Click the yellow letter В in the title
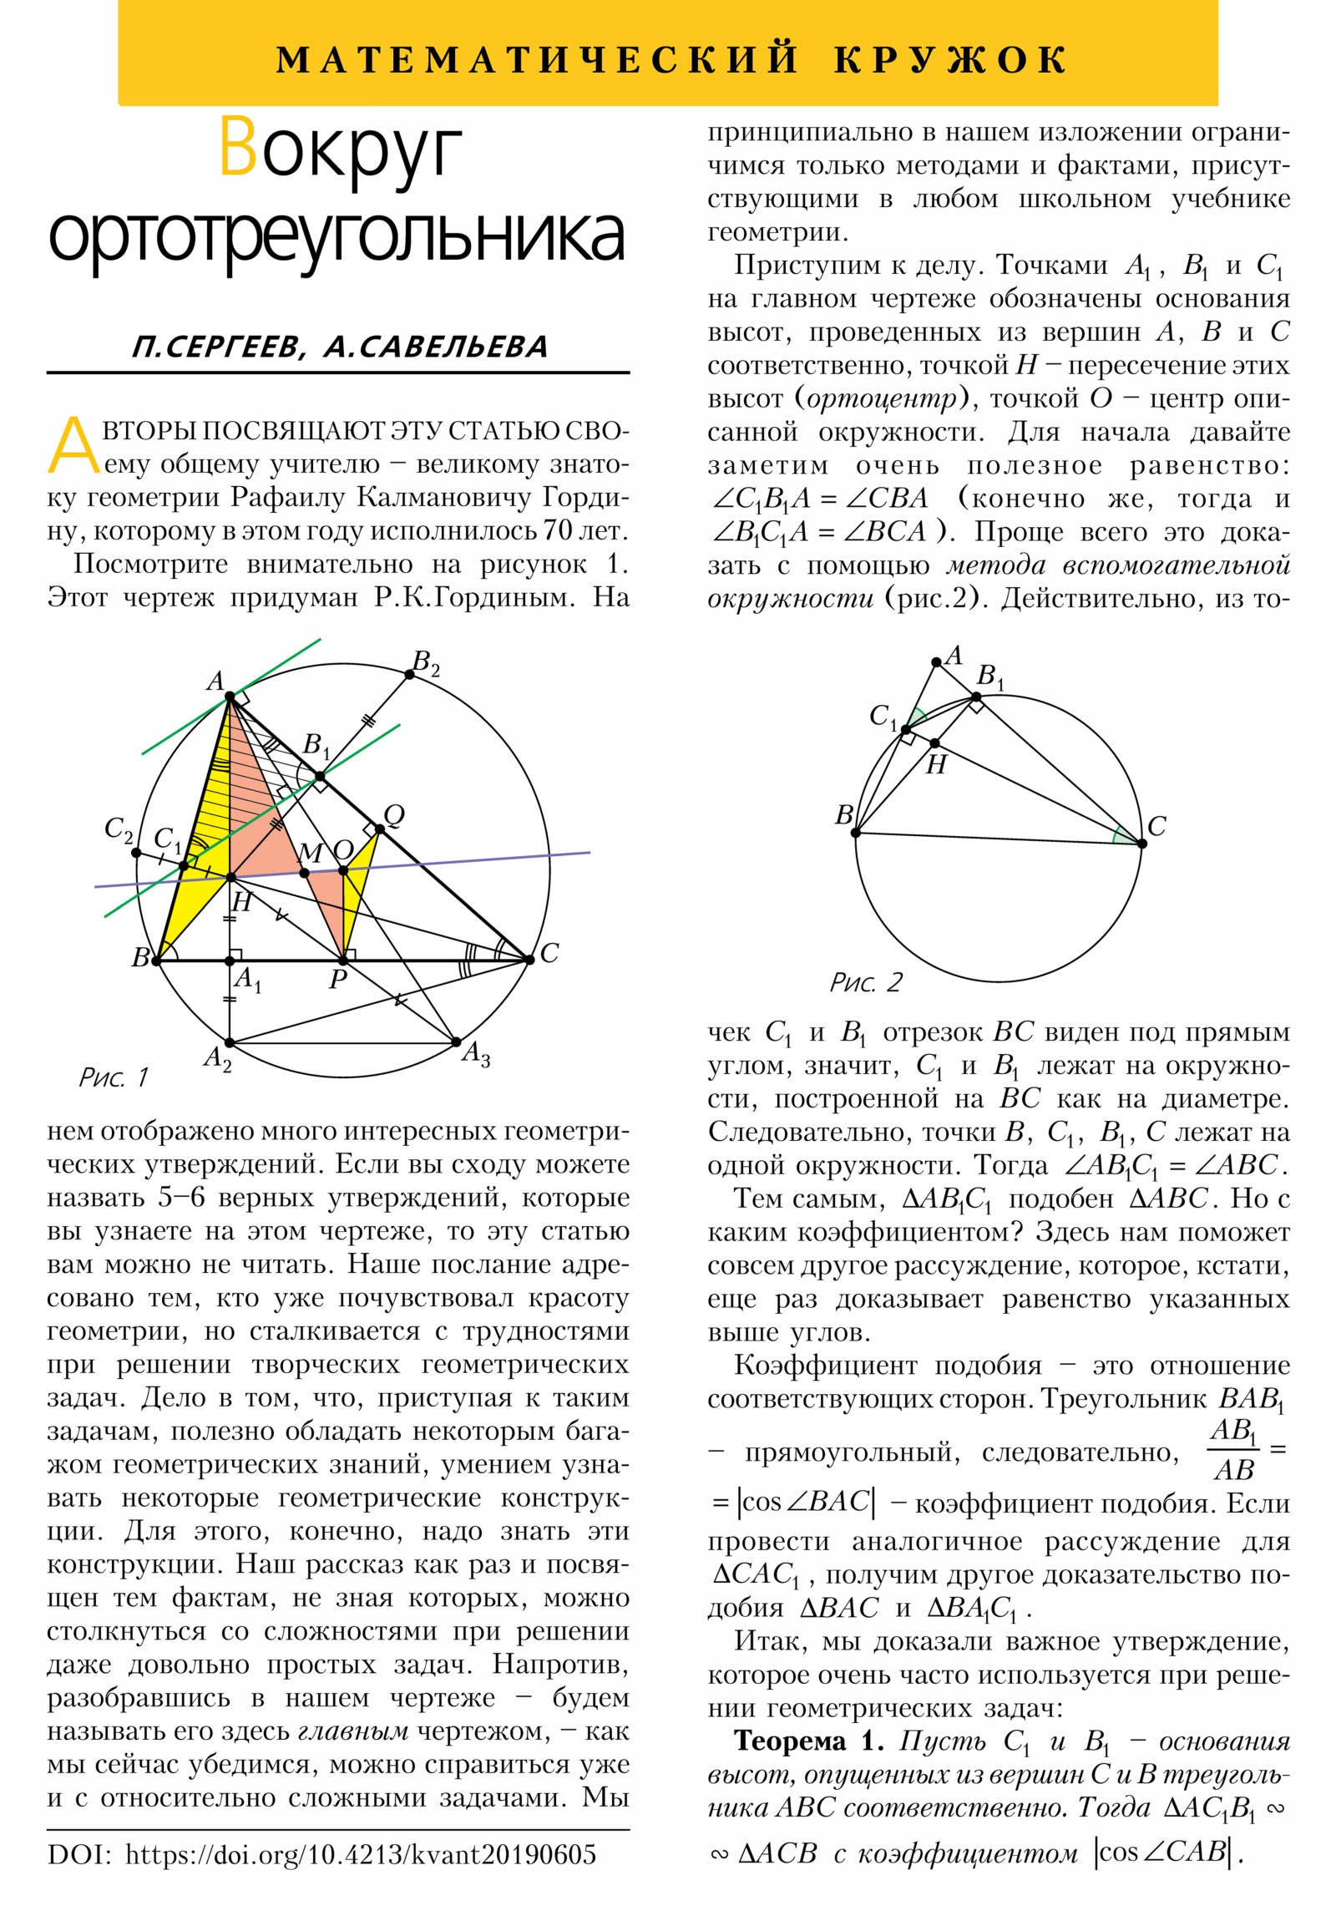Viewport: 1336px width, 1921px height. coord(238,149)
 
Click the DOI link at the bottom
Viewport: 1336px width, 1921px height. coord(360,1854)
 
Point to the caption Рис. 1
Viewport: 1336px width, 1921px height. coord(113,1077)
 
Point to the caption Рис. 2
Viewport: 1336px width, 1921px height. coord(865,981)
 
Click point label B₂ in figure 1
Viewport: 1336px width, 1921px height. coord(425,664)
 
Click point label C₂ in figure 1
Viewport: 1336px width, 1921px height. coord(118,829)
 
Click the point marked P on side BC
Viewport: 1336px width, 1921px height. coord(342,960)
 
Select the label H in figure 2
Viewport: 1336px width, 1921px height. coord(935,764)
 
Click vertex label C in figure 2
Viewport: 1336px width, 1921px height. coord(1157,827)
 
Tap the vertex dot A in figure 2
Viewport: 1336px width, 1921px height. coord(936,662)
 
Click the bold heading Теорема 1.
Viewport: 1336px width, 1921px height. coord(808,1741)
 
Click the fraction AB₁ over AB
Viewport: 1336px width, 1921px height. coord(1233,1456)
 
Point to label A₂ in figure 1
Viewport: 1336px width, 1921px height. coord(217,1059)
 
